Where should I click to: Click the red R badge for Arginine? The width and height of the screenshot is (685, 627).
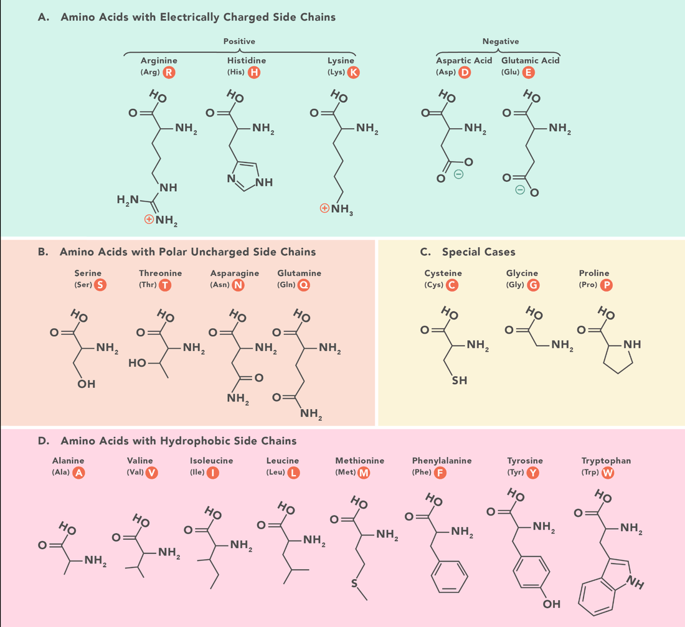point(169,72)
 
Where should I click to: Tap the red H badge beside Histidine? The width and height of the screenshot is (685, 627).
point(254,72)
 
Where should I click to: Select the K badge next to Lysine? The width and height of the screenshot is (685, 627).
point(354,72)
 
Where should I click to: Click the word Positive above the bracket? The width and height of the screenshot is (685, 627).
point(239,42)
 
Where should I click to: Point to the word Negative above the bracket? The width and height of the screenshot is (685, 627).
point(501,42)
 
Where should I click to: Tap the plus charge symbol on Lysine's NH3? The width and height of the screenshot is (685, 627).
point(324,208)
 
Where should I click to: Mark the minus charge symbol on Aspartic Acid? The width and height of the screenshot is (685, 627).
point(458,174)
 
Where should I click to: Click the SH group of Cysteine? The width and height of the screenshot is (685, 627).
point(460,380)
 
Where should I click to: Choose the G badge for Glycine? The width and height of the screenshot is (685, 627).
point(533,285)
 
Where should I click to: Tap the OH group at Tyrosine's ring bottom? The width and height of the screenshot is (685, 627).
point(551,605)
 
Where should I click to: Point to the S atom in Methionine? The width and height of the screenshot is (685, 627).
point(354,584)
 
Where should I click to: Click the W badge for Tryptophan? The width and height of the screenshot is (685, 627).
point(608,473)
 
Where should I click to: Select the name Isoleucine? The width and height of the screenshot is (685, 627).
point(212,461)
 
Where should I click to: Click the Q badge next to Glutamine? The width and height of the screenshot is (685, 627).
point(304,285)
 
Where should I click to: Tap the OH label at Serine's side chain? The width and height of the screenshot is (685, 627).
point(87,384)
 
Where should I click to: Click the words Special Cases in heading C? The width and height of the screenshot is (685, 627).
point(479,252)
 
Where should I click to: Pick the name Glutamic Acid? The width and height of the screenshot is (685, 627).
point(531,60)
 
